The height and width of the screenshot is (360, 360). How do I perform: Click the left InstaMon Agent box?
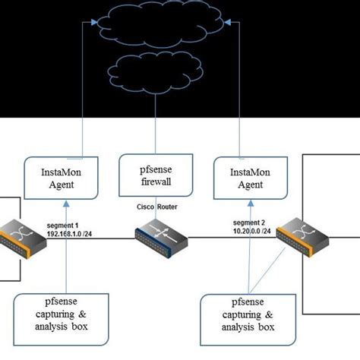point(66,178)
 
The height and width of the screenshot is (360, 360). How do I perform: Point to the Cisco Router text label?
point(157,207)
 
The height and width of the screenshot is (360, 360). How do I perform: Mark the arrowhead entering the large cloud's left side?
point(94,21)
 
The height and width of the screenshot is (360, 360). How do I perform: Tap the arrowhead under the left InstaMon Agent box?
point(67,203)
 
